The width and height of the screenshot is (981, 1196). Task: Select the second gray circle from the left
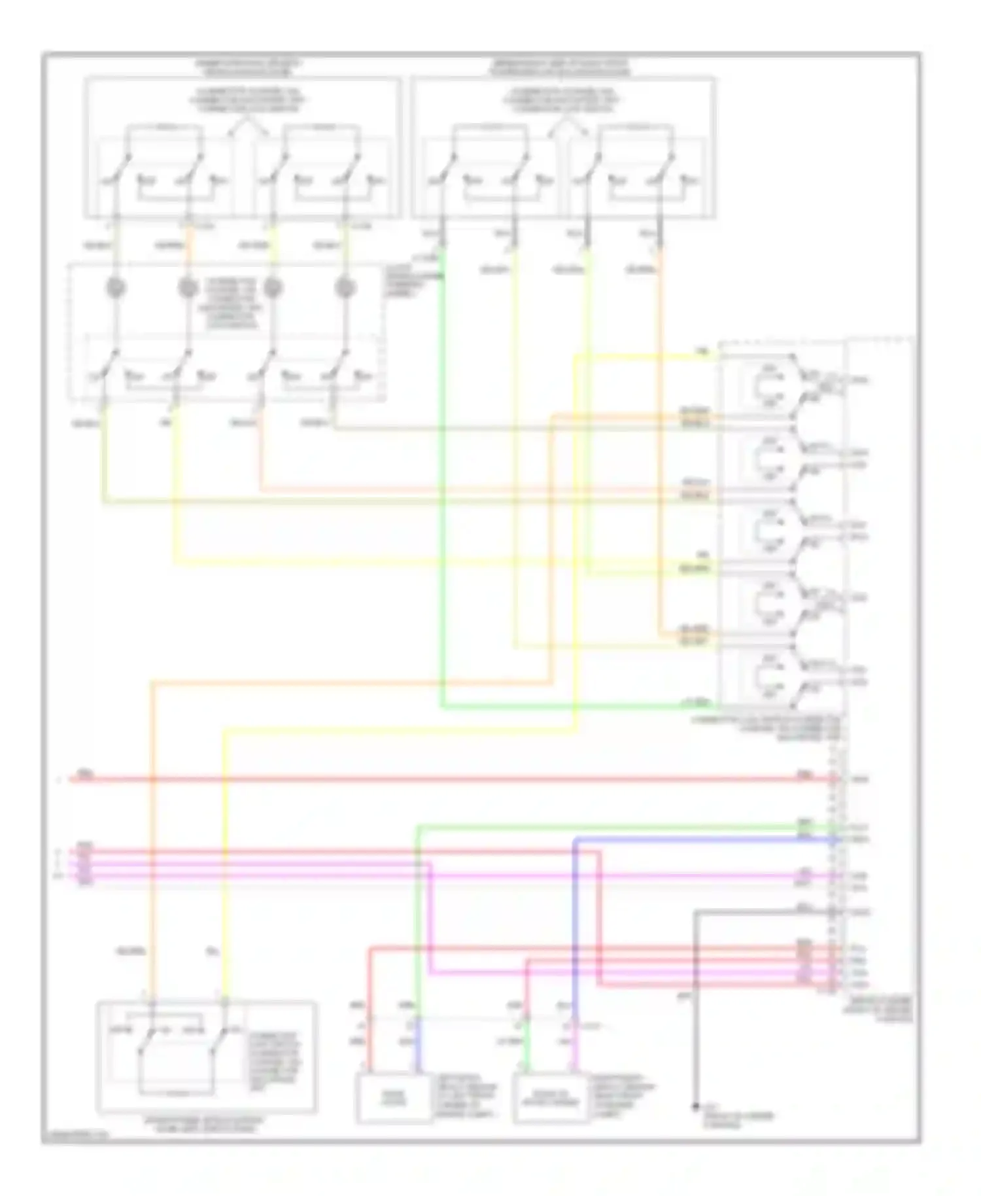pos(188,288)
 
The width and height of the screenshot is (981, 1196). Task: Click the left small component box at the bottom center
pos(394,1099)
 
